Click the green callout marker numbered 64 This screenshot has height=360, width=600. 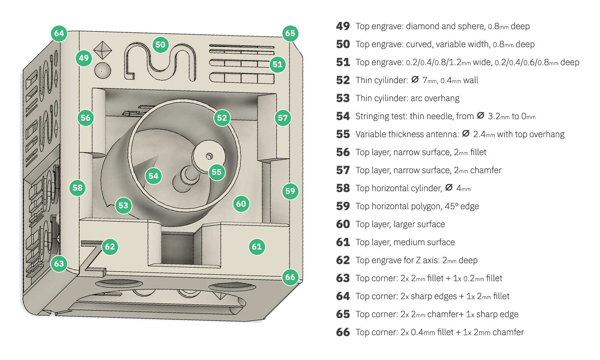pyautogui.click(x=59, y=33)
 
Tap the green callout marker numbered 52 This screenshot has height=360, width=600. pyautogui.click(x=222, y=118)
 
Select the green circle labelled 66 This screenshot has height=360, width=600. pyautogui.click(x=290, y=277)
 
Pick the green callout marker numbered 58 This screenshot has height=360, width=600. pyautogui.click(x=78, y=188)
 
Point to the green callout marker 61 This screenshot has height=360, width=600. pyautogui.click(x=257, y=247)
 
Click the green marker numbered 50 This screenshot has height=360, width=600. pyautogui.click(x=160, y=45)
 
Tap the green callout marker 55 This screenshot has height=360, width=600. pyautogui.click(x=217, y=172)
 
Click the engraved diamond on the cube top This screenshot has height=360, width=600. pyautogui.click(x=102, y=50)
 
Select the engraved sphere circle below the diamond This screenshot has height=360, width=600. pyautogui.click(x=102, y=70)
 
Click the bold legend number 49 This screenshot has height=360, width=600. pyautogui.click(x=343, y=26)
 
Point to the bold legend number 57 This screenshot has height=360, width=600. pyautogui.click(x=343, y=170)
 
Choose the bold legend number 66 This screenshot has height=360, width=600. pyautogui.click(x=343, y=332)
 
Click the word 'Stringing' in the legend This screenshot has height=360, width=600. pyautogui.click(x=373, y=117)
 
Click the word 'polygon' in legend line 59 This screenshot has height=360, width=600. pyautogui.click(x=426, y=206)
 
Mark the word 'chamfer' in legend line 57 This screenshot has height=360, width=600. pyautogui.click(x=486, y=170)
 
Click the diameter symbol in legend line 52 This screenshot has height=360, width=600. pyautogui.click(x=415, y=80)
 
